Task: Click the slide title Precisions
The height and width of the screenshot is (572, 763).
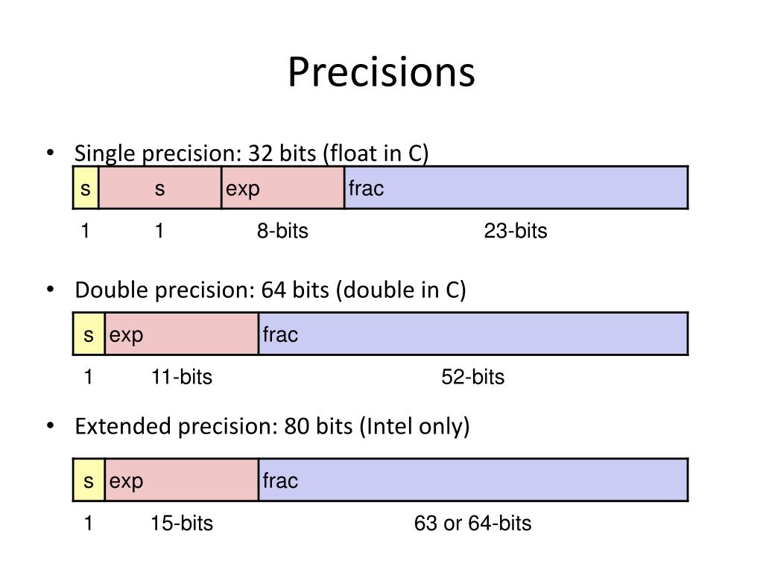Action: click(x=381, y=72)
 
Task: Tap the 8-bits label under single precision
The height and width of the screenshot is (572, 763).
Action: click(x=282, y=232)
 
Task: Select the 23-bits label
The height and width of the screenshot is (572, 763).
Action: click(x=516, y=232)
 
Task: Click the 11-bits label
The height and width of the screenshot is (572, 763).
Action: click(x=182, y=378)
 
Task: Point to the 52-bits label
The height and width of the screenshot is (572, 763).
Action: click(x=472, y=378)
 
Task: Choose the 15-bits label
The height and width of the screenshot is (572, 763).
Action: click(x=182, y=524)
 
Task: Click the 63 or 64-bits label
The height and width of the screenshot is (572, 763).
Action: click(x=473, y=524)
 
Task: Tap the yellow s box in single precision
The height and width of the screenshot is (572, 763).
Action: click(x=86, y=188)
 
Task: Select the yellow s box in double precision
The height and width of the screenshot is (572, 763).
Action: click(x=89, y=335)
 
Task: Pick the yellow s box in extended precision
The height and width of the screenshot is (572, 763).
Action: click(x=89, y=481)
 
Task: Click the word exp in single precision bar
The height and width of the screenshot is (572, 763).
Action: click(x=243, y=189)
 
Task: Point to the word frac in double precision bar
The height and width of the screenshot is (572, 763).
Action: click(x=280, y=335)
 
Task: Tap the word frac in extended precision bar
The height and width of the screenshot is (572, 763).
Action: click(x=280, y=481)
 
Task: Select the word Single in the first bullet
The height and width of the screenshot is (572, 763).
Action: click(x=106, y=154)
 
